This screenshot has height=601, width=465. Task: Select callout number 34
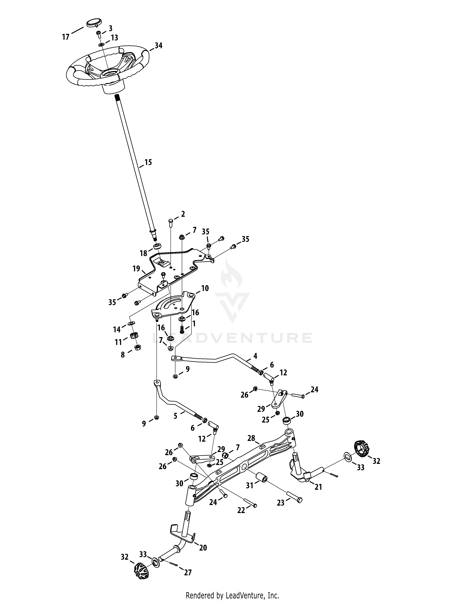pos(158,46)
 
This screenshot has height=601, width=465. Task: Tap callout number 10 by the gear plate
pos(205,288)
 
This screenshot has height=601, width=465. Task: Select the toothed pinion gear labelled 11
pos(134,335)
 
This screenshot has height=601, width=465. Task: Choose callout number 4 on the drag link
pos(255,356)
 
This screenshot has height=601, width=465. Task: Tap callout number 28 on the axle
pos(251,438)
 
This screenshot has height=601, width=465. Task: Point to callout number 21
pos(318,487)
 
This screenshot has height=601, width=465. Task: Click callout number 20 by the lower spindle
pos(203,548)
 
